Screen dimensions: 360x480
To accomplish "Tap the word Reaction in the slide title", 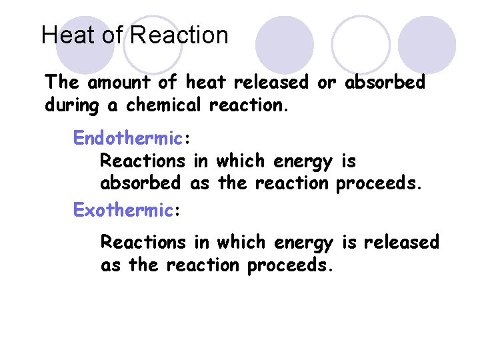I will click(x=179, y=35).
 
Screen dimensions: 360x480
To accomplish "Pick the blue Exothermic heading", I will click(x=123, y=210).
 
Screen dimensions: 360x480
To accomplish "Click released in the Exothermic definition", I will click(x=401, y=242).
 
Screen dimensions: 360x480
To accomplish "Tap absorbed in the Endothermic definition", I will click(x=140, y=183).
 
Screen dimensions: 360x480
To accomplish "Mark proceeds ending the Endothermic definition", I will click(x=379, y=183).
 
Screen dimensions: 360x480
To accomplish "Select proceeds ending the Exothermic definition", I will click(x=290, y=265).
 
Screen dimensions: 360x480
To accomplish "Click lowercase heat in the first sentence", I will click(x=205, y=83).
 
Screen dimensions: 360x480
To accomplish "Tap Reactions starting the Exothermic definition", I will click(x=143, y=242).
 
